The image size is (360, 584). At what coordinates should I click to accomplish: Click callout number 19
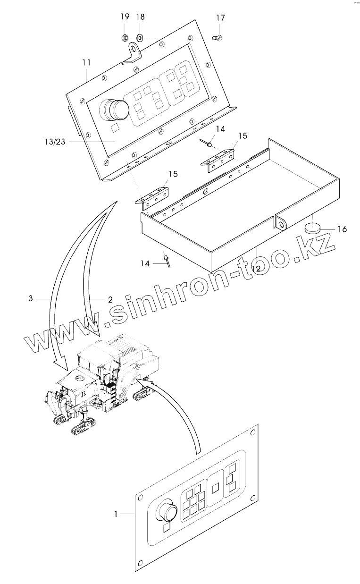[125, 17]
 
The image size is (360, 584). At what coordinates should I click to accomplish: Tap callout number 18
[140, 17]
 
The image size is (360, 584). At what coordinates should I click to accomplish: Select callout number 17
[221, 18]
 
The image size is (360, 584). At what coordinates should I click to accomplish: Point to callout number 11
[86, 62]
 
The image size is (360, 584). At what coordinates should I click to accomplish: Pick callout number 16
[342, 229]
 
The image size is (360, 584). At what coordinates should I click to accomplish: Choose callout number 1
[116, 513]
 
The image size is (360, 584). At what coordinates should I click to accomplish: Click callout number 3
[31, 298]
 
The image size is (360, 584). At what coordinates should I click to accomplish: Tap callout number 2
[110, 299]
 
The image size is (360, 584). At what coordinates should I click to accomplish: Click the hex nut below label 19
[125, 37]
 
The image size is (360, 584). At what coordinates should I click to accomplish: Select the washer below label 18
[140, 37]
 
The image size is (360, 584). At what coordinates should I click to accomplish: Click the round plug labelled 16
[312, 228]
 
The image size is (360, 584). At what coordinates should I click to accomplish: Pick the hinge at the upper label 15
[218, 155]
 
